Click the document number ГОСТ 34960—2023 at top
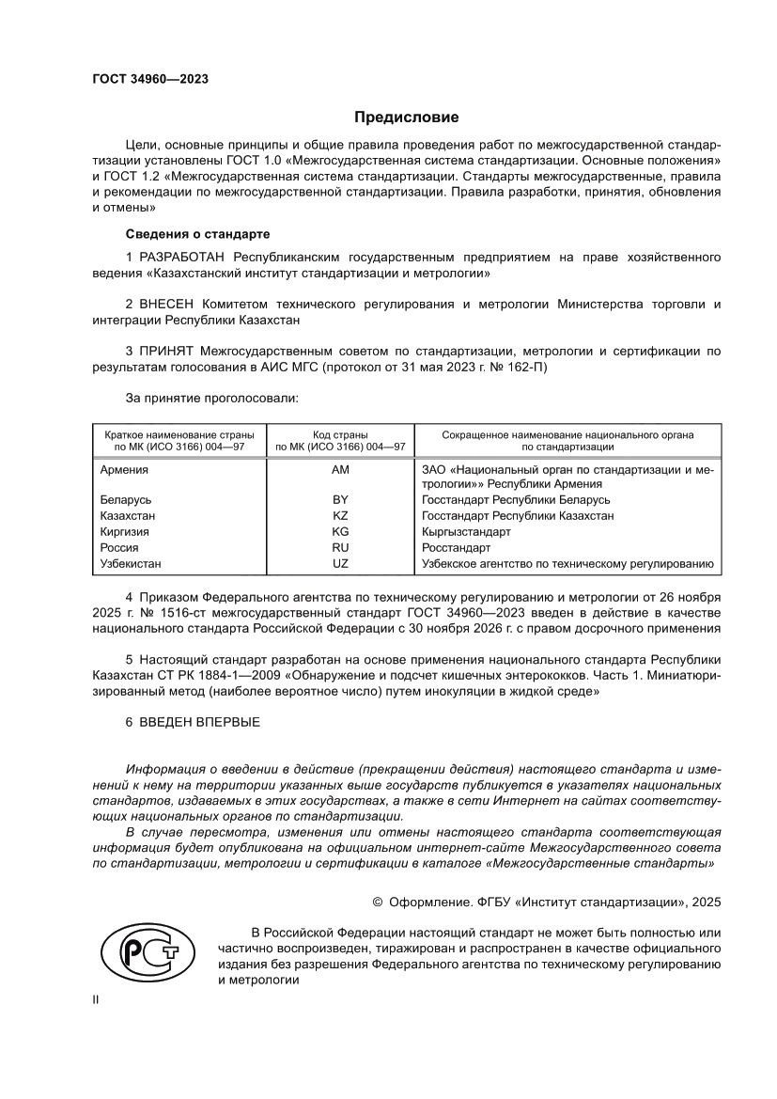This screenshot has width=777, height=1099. coord(150,79)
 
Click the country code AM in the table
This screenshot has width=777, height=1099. coord(340,469)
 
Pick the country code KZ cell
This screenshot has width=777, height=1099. coord(340,516)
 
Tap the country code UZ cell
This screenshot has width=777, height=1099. coord(340,564)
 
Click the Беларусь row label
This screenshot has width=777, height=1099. coord(126,500)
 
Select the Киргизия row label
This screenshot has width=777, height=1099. coord(126,532)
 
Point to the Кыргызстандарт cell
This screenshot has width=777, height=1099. coord(467,532)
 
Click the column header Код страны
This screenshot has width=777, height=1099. coord(340,434)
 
